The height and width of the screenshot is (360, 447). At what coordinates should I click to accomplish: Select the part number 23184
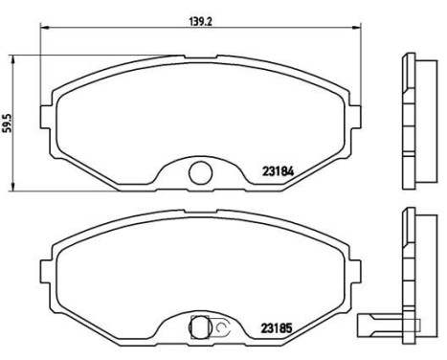pyautogui.click(x=278, y=173)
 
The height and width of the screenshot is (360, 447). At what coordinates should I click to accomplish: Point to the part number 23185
pyautogui.click(x=278, y=327)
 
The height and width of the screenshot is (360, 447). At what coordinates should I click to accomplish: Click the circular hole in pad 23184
pyautogui.click(x=200, y=173)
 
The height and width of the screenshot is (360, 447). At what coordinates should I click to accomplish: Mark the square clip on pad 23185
pyautogui.click(x=200, y=326)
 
